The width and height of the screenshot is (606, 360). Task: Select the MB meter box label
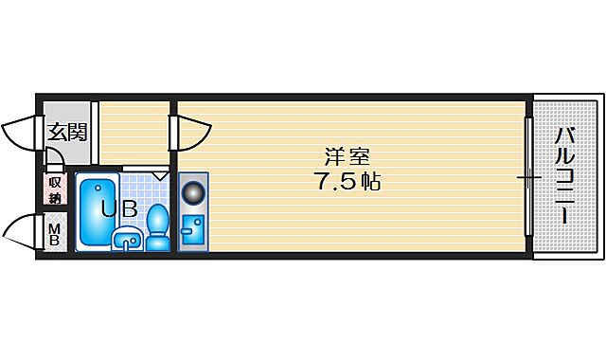click(x=55, y=233)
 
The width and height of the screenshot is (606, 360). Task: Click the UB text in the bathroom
click(x=130, y=209)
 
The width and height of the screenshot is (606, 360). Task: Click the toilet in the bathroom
click(x=158, y=227)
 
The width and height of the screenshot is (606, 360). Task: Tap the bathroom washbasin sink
click(x=127, y=240)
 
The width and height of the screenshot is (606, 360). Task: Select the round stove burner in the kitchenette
click(x=193, y=192)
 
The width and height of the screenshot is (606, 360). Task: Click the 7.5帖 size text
click(x=348, y=182)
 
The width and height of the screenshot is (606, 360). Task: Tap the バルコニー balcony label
click(x=563, y=177)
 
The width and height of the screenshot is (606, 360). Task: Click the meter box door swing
click(x=23, y=233)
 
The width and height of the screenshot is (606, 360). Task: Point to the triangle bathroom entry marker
click(x=159, y=175)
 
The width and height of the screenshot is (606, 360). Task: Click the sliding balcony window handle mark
click(x=528, y=177)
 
